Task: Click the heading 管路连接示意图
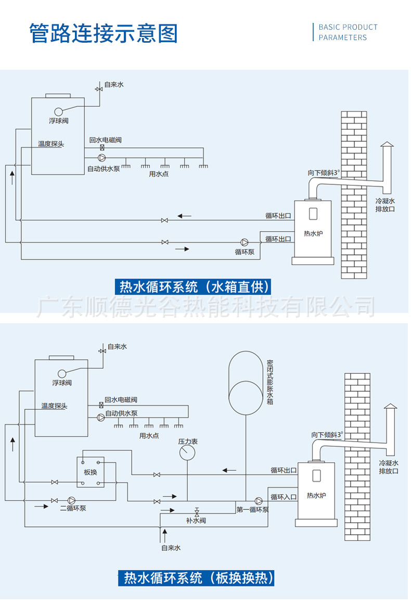[104, 33]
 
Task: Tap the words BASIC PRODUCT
[348, 27]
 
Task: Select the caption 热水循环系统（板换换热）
[198, 578]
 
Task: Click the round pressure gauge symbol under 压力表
[187, 452]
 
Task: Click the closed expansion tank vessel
[246, 382]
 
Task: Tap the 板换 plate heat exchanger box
[91, 472]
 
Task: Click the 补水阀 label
[196, 520]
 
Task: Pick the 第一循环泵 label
[252, 510]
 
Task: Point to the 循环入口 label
[283, 497]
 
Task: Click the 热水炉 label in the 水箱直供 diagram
[313, 233]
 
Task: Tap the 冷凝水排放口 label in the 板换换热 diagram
[388, 467]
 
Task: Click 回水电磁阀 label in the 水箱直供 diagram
[106, 140]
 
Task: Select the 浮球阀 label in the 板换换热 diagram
[62, 383]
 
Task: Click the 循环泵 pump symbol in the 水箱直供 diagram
[244, 242]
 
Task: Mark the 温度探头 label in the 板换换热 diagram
[55, 406]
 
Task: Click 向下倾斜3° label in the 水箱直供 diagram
[323, 172]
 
